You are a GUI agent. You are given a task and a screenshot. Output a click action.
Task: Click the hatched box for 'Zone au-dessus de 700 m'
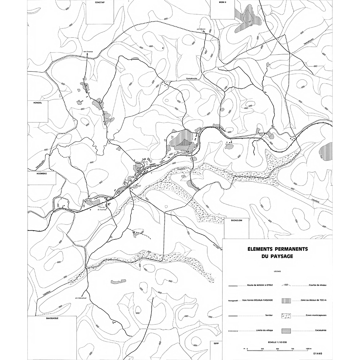tap(287, 300)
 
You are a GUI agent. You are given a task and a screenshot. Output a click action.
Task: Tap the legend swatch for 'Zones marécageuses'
tap(287, 316)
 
